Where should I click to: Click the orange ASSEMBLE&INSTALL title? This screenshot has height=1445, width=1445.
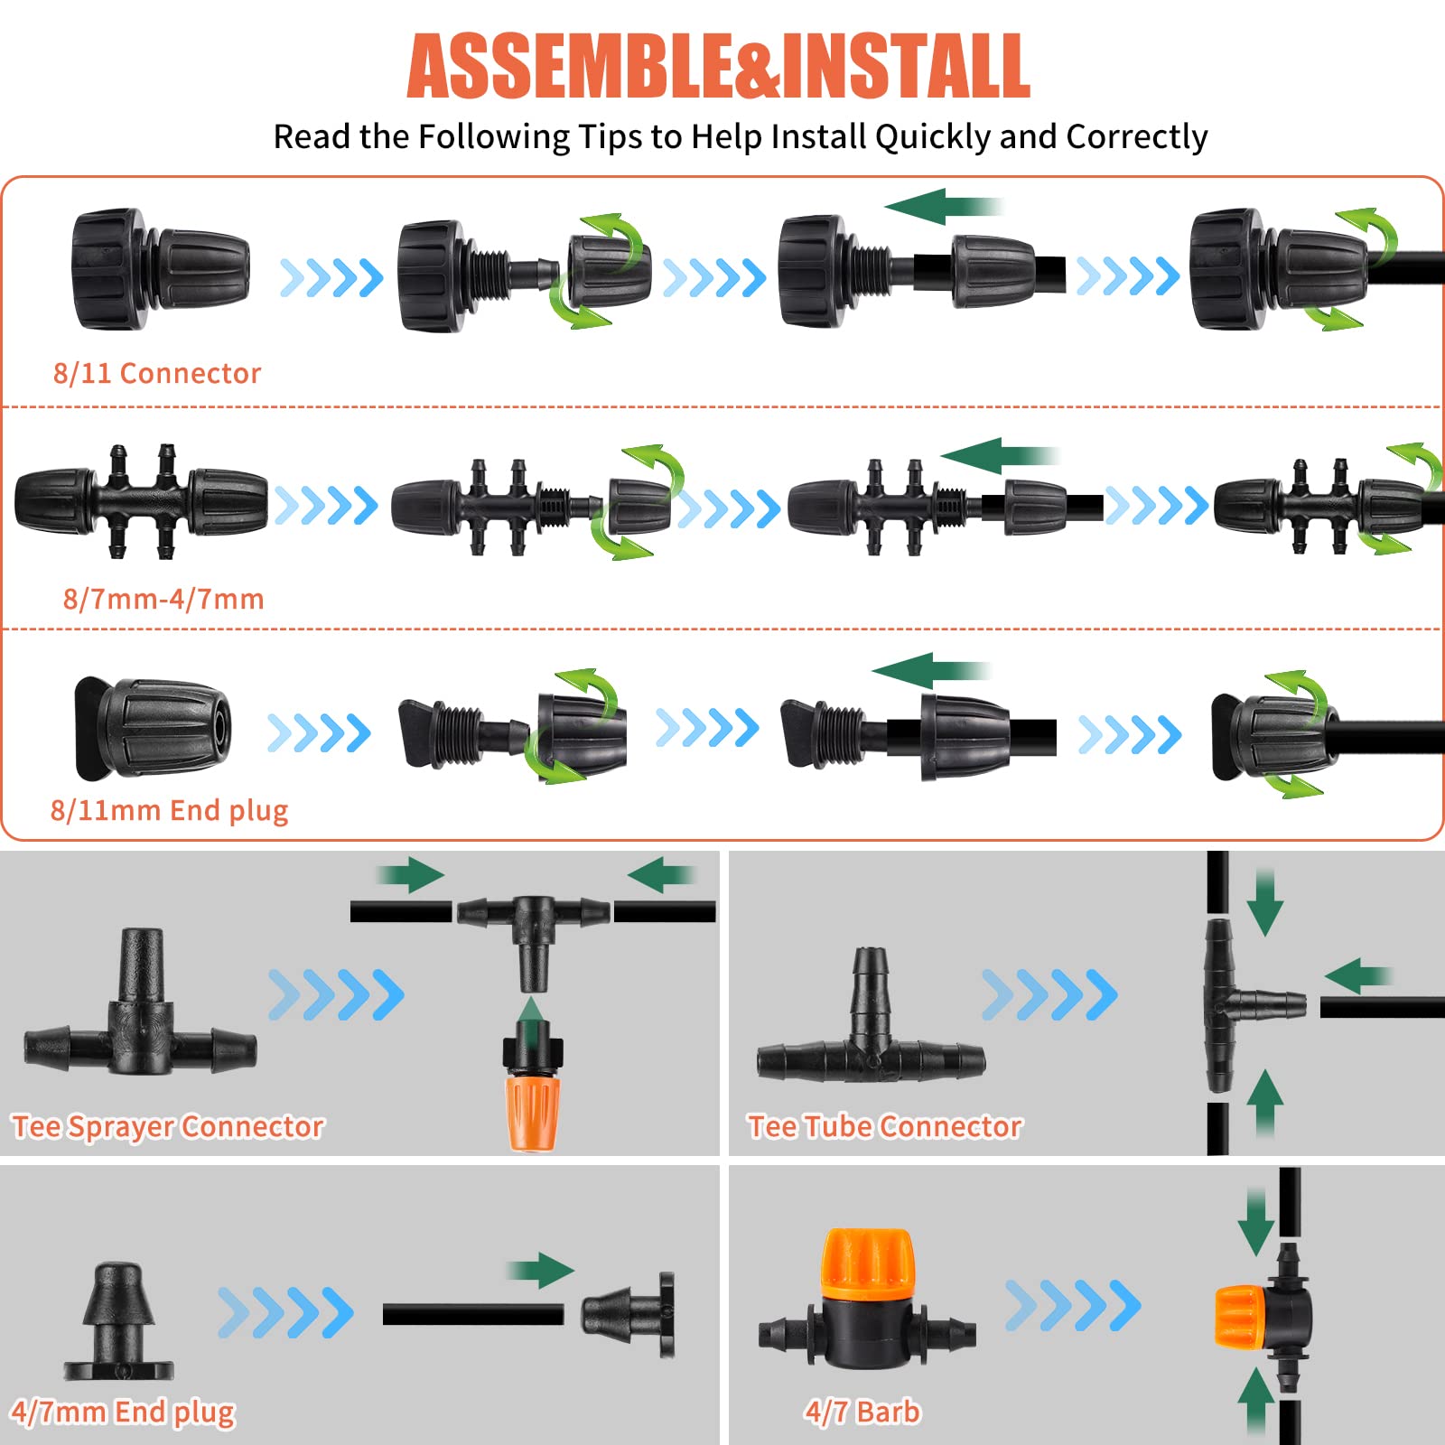click(x=718, y=66)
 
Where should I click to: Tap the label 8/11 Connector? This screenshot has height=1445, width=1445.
click(x=157, y=373)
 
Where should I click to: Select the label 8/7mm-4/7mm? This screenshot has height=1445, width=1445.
click(x=163, y=599)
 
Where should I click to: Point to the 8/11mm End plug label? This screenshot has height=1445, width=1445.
click(x=170, y=810)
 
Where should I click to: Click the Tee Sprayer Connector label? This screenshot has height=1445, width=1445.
click(x=168, y=1126)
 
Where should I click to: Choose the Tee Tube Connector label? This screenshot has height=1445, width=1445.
click(x=885, y=1126)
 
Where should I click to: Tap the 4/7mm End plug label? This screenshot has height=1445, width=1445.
click(x=123, y=1412)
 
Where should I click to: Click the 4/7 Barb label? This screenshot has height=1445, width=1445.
click(x=862, y=1411)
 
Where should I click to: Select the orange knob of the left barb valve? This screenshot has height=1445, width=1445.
click(x=868, y=1264)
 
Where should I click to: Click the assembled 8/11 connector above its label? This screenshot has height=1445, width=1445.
click(x=161, y=269)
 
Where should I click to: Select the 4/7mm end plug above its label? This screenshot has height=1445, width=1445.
click(x=118, y=1321)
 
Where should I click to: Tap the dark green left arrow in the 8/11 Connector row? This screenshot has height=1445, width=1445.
click(x=944, y=206)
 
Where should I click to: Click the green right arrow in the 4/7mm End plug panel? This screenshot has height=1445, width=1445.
click(x=540, y=1270)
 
